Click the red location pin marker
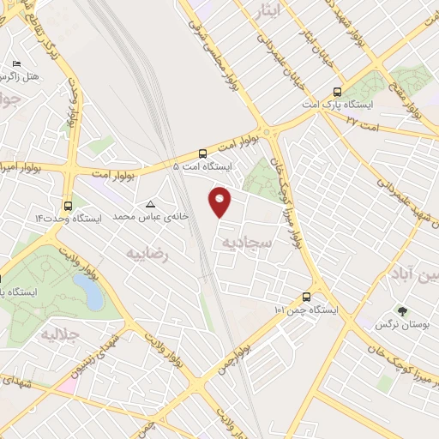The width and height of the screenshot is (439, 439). [220, 201]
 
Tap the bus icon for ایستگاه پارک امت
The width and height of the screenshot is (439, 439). [335, 90]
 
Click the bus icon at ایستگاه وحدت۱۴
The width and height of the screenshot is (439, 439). [68, 206]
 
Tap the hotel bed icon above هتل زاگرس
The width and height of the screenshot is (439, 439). [16, 64]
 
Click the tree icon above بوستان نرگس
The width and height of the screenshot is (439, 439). [400, 312]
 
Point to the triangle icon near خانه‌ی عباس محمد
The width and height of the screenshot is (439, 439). [151, 205]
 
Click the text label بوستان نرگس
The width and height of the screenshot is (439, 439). [399, 326]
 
